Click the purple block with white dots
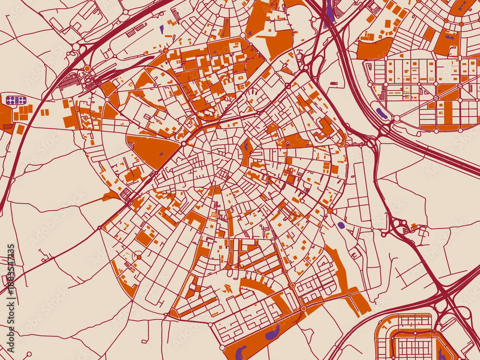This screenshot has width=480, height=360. point(16,100)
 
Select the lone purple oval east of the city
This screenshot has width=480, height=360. point(341,225)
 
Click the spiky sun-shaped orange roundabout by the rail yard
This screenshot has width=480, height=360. point(87,69)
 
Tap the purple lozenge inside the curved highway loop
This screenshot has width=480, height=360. point(382,114)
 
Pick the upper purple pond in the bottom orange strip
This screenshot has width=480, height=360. point(273,332)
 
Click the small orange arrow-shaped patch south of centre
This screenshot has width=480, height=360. point(228,288)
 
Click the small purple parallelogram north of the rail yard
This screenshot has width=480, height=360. point(162,29)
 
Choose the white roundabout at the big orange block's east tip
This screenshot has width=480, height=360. point(183,143)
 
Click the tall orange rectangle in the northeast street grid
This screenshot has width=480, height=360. point(448,111)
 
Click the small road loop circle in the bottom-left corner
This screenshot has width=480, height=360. point(29,354)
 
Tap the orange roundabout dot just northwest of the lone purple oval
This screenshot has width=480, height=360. point(330,210)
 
